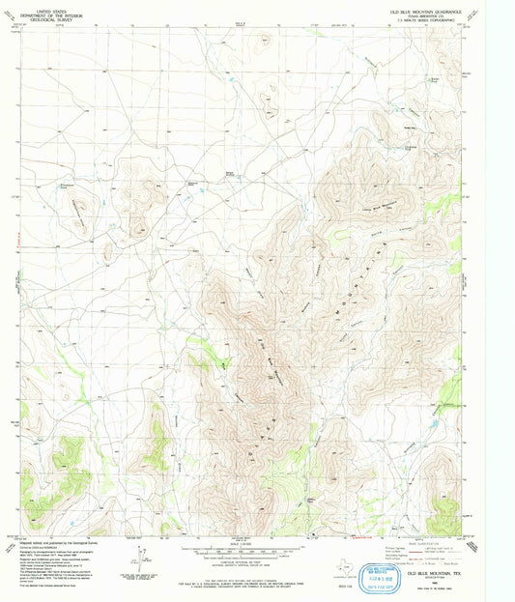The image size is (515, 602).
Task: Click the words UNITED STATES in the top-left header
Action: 43,7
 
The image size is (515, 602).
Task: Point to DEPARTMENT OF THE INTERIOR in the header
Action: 43,12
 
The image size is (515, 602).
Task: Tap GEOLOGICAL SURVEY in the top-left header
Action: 43,16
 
